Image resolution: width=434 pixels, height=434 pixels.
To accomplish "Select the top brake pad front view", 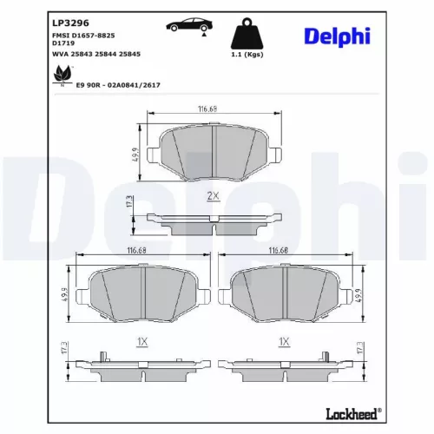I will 214,151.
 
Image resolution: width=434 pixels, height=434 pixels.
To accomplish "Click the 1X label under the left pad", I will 142,341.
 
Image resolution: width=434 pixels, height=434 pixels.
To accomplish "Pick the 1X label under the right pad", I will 283,341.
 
